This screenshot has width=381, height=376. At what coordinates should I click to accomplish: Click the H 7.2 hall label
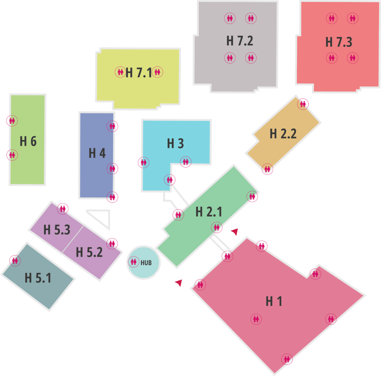point(240,41)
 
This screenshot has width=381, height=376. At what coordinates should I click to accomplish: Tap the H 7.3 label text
point(339,42)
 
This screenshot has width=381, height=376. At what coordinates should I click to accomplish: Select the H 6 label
point(28,141)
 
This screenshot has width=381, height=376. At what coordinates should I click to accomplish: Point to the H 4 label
point(97,153)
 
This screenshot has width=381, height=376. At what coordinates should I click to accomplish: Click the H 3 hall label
point(176,143)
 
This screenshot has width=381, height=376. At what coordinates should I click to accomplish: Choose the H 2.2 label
point(283,134)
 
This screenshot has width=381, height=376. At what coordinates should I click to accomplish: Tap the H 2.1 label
point(209,212)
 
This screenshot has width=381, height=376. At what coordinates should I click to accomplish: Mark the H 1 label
point(274,302)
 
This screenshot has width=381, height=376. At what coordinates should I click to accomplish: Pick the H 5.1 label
point(38,278)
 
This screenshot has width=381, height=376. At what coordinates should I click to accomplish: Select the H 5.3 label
point(57,230)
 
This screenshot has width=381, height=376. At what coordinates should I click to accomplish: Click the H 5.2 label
point(89,252)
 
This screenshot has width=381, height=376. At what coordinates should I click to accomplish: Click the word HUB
point(146,263)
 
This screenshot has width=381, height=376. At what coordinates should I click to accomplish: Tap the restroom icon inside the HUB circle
point(134,262)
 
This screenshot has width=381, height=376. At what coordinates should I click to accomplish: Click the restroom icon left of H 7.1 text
point(121,72)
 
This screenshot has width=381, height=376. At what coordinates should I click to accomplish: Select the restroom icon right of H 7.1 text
point(157,72)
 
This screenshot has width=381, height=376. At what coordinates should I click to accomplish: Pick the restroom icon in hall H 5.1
point(15,261)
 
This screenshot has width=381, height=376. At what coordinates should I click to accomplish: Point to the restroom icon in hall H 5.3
point(63,209)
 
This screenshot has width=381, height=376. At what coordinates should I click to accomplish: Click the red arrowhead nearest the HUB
point(179,283)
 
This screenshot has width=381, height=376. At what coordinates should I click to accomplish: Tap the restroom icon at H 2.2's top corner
point(303,104)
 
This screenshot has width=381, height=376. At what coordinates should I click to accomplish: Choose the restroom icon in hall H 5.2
point(112,243)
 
